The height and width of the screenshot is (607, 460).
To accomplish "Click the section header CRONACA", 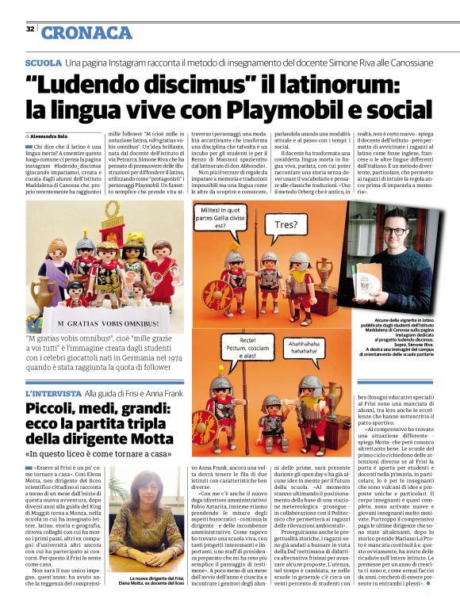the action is tap(86, 32).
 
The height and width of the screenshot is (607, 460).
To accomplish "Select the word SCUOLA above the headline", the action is tap(43, 62).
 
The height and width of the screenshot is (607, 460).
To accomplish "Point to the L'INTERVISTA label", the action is tap(53, 393).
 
